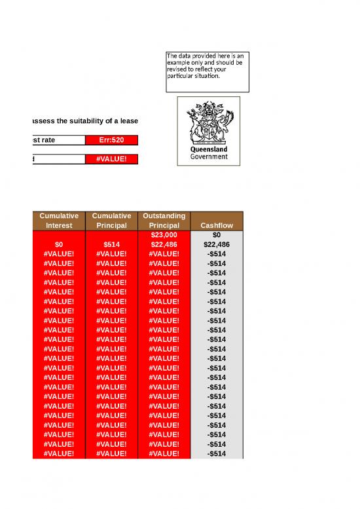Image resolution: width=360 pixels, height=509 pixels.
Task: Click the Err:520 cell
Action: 112,140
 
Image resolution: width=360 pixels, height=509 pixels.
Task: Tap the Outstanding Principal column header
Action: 164,220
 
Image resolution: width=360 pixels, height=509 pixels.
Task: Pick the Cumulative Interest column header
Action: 59,220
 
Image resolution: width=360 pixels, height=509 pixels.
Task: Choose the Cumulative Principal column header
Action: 112,220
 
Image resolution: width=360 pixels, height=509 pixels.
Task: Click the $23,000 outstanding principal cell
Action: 164,235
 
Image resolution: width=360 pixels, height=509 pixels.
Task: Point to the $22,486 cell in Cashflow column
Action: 217,244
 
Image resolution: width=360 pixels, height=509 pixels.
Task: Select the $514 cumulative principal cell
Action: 112,244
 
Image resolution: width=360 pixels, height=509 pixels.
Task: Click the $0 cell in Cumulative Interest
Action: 59,244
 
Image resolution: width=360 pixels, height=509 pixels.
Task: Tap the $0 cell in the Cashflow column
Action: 217,235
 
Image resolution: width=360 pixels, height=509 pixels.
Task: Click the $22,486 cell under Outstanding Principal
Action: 164,244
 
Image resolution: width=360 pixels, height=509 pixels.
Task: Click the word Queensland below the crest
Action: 208,149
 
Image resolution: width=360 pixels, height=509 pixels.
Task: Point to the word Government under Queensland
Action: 209,157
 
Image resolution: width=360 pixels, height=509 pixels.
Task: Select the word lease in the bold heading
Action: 128,121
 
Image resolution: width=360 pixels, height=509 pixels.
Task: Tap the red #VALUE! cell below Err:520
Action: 112,159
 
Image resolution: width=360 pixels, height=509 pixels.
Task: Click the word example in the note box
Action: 180,63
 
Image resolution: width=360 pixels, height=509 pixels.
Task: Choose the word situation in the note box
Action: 207,76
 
